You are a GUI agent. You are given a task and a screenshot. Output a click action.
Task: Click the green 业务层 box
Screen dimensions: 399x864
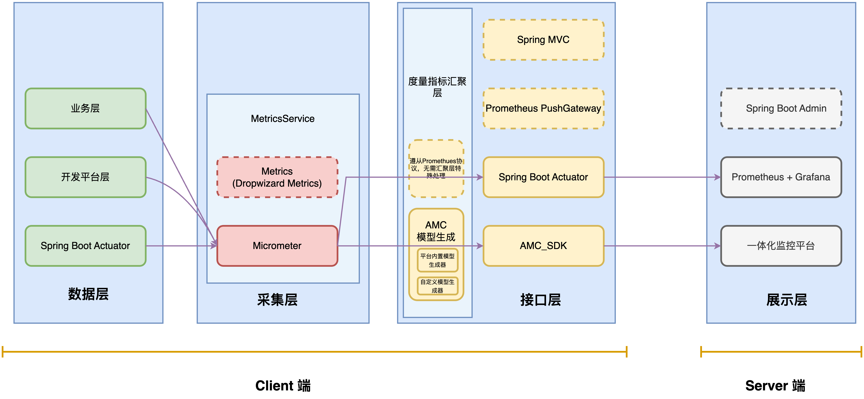tap(86, 108)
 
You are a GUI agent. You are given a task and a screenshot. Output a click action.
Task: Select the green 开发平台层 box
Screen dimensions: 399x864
tap(86, 177)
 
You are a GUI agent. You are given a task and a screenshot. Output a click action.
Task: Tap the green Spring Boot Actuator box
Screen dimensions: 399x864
tap(86, 246)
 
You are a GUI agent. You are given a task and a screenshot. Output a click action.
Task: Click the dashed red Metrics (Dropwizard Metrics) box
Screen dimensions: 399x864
tap(277, 177)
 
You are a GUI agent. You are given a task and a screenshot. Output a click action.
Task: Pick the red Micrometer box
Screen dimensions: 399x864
tap(277, 246)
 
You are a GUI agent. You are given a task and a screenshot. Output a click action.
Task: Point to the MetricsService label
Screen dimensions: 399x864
tap(282, 119)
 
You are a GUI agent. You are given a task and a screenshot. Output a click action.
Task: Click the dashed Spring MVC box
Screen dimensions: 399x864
tap(543, 39)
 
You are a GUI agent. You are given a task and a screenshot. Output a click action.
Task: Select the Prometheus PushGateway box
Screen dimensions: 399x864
tap(543, 108)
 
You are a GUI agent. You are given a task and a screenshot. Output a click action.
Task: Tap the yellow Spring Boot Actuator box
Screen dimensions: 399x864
tap(543, 177)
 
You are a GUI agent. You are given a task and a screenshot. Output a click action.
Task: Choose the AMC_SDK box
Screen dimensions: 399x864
tap(543, 246)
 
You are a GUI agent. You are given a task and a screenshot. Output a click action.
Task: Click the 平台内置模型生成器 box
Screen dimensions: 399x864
tap(437, 260)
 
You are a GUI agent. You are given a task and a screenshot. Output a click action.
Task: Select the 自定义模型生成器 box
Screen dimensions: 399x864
tap(437, 286)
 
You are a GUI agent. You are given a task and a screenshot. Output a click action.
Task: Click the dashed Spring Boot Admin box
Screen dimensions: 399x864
tap(781, 108)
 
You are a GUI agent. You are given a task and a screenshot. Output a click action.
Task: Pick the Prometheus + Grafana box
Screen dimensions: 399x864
tap(781, 177)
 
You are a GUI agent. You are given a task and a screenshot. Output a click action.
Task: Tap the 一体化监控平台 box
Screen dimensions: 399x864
tap(781, 246)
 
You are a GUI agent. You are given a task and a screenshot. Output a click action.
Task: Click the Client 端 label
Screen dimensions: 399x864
tap(283, 386)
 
